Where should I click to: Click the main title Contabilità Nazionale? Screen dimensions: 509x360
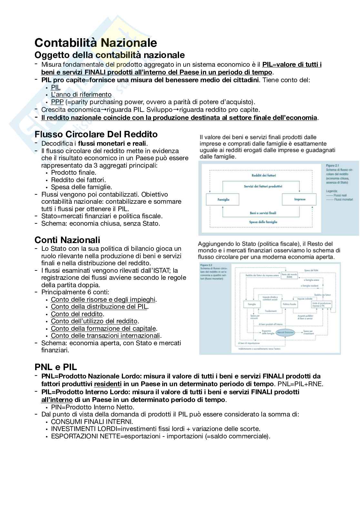[95, 43]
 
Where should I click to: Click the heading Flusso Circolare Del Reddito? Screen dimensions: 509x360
[96, 134]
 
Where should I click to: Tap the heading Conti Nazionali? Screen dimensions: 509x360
[67, 240]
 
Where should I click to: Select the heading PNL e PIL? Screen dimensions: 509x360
[55, 367]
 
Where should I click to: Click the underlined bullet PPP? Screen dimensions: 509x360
[57, 102]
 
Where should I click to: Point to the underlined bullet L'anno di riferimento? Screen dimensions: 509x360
[81, 94]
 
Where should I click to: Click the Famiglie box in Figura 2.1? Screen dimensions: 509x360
[223, 200]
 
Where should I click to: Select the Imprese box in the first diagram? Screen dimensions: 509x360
[299, 199]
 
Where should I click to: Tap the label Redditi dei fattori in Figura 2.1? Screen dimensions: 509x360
[264, 175]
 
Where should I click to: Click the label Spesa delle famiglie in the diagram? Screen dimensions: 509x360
[263, 222]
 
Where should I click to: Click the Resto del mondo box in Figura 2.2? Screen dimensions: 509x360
[289, 276]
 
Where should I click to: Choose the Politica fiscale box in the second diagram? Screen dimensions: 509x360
[289, 304]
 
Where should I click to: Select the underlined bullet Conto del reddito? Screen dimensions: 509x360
[77, 314]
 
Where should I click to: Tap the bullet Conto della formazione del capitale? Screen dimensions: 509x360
[104, 328]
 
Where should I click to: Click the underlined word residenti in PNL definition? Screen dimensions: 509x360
[108, 384]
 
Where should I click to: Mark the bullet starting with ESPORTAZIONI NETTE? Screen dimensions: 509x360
[160, 436]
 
